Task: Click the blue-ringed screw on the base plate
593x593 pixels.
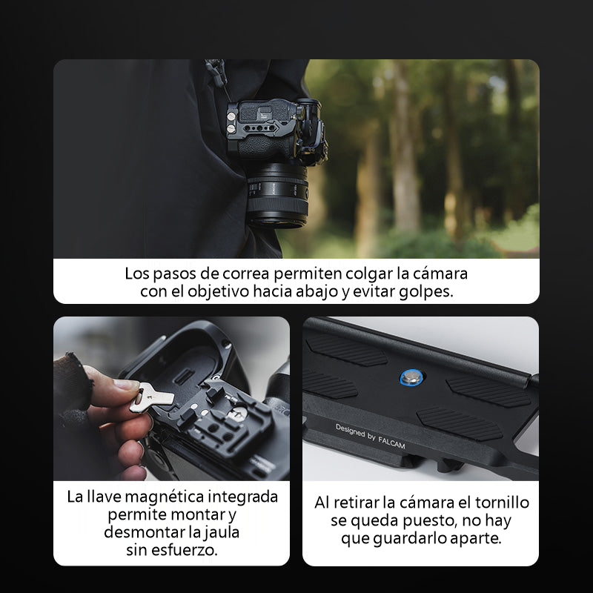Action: tap(411, 377)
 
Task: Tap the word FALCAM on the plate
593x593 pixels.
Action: tap(391, 443)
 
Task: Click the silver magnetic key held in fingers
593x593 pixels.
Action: tap(151, 397)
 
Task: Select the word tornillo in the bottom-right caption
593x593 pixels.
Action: tap(502, 503)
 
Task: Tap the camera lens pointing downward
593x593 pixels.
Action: tap(278, 196)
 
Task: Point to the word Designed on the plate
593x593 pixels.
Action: tap(351, 430)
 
